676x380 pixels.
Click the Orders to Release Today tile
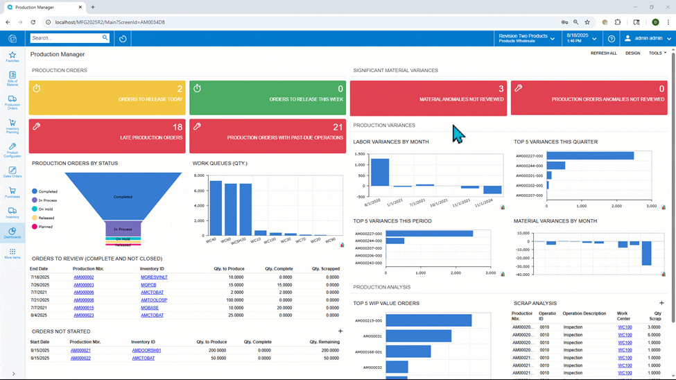107,97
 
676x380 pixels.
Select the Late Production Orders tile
107,136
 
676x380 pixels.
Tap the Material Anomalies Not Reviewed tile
428,98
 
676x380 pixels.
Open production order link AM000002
84,277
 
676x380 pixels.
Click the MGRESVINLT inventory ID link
154,277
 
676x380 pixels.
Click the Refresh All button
603,53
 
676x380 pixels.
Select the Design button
632,53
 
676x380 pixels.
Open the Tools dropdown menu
657,53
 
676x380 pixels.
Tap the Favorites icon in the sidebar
12,57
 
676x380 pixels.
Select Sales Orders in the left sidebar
12,172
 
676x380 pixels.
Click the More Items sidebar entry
12,253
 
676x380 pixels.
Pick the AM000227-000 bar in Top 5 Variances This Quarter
590,156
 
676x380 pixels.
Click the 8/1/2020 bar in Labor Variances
379,172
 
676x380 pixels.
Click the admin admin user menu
644,39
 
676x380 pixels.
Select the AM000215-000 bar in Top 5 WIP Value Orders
428,320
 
